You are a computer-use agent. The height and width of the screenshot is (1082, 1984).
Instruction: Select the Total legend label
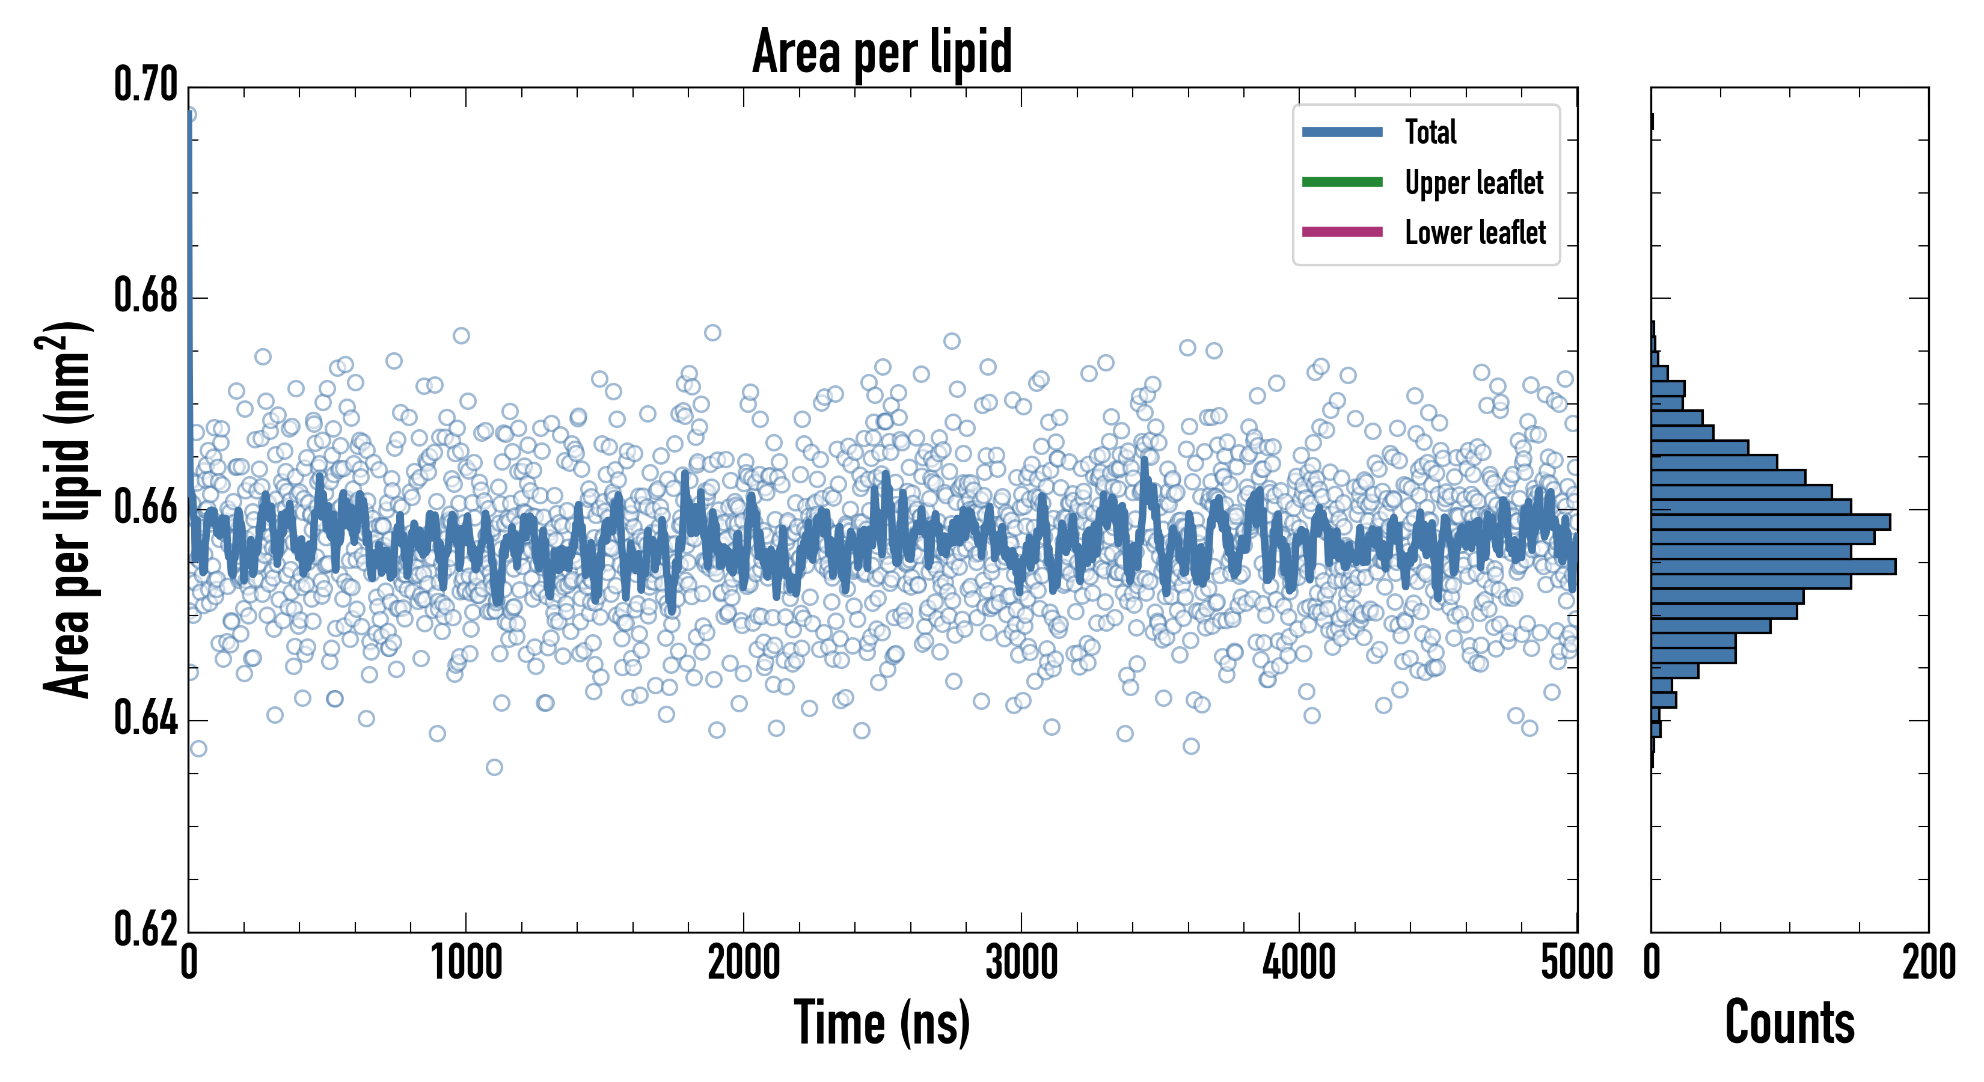tap(1430, 132)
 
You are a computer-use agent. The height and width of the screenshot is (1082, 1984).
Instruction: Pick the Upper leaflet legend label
tap(1474, 183)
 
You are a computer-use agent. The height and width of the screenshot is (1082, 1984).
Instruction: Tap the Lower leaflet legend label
tap(1475, 232)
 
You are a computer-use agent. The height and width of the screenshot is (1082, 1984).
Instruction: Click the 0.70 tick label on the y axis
tap(145, 84)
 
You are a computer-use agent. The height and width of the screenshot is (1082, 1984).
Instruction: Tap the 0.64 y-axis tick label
tap(145, 718)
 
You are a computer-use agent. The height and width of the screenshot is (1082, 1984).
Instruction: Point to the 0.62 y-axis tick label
tap(145, 929)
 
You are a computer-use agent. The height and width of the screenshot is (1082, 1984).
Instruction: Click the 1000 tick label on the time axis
tap(466, 962)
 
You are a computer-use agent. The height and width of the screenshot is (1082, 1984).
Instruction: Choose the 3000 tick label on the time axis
tap(1021, 962)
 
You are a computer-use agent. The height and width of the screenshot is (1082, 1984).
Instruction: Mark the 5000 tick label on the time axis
tap(1576, 962)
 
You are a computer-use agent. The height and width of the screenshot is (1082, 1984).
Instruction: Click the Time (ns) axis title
tap(882, 1022)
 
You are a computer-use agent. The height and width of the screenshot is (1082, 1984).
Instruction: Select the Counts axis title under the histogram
tap(1789, 1022)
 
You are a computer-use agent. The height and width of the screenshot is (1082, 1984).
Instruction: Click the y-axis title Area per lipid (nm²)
tap(66, 509)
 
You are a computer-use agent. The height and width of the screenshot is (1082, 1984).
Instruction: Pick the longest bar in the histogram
tap(1773, 567)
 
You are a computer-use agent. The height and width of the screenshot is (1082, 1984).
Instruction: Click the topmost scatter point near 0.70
tap(189, 115)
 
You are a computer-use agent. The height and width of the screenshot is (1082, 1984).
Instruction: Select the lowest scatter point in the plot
tap(494, 767)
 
